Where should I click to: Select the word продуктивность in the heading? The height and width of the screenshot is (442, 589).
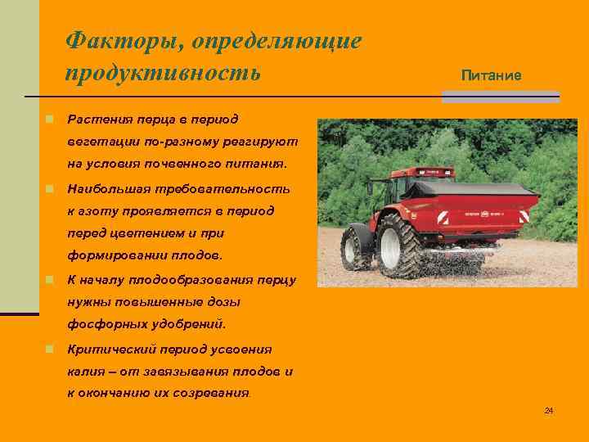click(x=163, y=73)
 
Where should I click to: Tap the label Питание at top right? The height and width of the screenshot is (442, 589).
click(x=491, y=75)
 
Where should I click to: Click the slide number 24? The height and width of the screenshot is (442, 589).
click(x=549, y=410)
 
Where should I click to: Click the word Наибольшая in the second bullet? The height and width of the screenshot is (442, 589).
click(x=109, y=188)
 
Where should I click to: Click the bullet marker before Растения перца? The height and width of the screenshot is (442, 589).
click(x=50, y=120)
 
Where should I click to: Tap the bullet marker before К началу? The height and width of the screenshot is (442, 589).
click(x=50, y=280)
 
